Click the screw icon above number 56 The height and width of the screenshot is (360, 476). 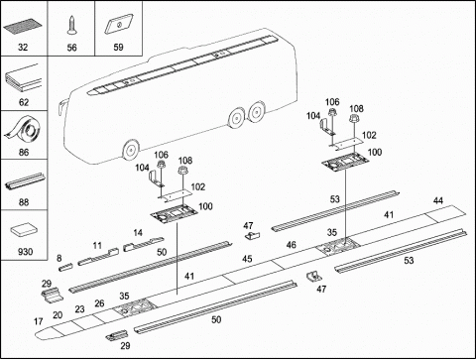pyautogui.click(x=71, y=26)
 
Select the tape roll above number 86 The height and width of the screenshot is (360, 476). pyautogui.click(x=24, y=130)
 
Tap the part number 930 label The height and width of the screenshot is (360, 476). pyautogui.click(x=25, y=252)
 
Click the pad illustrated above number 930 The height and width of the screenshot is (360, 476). pyautogui.click(x=24, y=230)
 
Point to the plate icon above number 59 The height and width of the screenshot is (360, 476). pyautogui.click(x=119, y=24)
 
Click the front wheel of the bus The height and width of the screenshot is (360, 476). pyautogui.click(x=131, y=150)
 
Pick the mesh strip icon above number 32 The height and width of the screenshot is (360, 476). pyautogui.click(x=23, y=27)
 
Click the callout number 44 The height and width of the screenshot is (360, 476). pyautogui.click(x=438, y=200)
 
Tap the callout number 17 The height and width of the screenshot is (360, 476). pyautogui.click(x=39, y=321)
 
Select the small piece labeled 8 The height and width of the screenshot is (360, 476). pyautogui.click(x=65, y=267)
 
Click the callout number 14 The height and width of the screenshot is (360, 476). pyautogui.click(x=138, y=233)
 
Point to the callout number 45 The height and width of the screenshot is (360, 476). pyautogui.click(x=247, y=259)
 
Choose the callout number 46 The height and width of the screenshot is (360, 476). pyautogui.click(x=292, y=245)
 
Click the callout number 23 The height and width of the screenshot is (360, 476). pyautogui.click(x=79, y=309)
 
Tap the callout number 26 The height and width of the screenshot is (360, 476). pyautogui.click(x=99, y=303)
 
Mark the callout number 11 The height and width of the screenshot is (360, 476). pyautogui.click(x=97, y=246)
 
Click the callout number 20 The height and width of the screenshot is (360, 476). pyautogui.click(x=58, y=315)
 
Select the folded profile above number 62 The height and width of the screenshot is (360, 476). pyautogui.click(x=24, y=78)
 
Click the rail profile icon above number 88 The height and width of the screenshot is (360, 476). pyautogui.click(x=25, y=182)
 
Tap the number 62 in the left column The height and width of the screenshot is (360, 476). pyautogui.click(x=24, y=102)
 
